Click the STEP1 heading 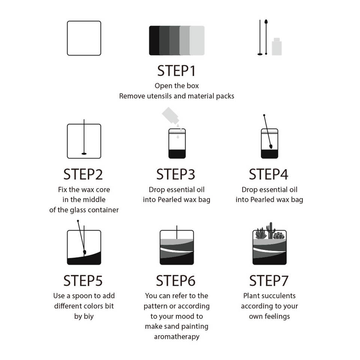click(x=176, y=71)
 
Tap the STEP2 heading click(x=83, y=174)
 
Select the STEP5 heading click(x=83, y=280)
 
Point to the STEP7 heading click(x=269, y=280)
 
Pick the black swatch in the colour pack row click(x=154, y=40)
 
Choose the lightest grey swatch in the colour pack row click(x=197, y=40)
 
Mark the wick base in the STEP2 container click(x=84, y=154)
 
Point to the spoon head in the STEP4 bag click(x=271, y=146)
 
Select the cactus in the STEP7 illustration click(x=271, y=230)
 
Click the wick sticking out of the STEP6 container click(x=177, y=232)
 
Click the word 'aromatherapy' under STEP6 click(x=177, y=337)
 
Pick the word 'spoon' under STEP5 click(x=80, y=296)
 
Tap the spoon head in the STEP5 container click(x=84, y=252)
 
